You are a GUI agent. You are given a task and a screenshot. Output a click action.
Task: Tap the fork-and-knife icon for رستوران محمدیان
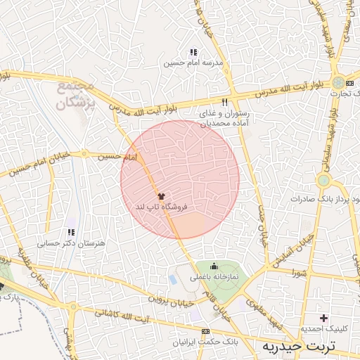tap(225, 101)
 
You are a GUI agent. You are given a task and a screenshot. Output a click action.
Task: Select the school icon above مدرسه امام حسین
tap(193, 52)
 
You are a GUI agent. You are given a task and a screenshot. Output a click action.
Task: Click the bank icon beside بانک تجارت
tap(340, 82)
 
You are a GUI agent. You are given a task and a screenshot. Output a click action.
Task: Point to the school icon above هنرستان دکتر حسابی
tap(70, 232)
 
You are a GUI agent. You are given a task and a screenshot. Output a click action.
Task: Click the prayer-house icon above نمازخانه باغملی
tap(214, 266)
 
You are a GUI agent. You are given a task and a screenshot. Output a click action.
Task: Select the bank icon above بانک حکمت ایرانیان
tap(205, 331)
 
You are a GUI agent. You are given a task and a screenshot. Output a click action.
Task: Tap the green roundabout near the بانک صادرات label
tap(323, 181)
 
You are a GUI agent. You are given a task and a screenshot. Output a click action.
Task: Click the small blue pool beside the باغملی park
tap(174, 279)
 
